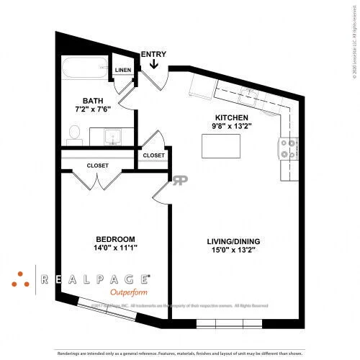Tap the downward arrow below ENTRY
pyautogui.click(x=153, y=65)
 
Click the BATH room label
pyautogui.click(x=93, y=101)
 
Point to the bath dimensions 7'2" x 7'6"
pyautogui.click(x=93, y=110)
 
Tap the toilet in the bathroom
pyautogui.click(x=74, y=132)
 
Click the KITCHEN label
pyautogui.click(x=232, y=118)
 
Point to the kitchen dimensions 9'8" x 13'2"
pyautogui.click(x=232, y=127)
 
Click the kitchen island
pyautogui.click(x=222, y=145)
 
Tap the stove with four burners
pyautogui.click(x=288, y=149)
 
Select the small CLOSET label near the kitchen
pyautogui.click(x=153, y=156)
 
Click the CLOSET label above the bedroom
pyautogui.click(x=98, y=166)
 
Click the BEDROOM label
pyautogui.click(x=116, y=239)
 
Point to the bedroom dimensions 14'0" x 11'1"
pyautogui.click(x=116, y=248)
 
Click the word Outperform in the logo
pyautogui.click(x=130, y=293)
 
